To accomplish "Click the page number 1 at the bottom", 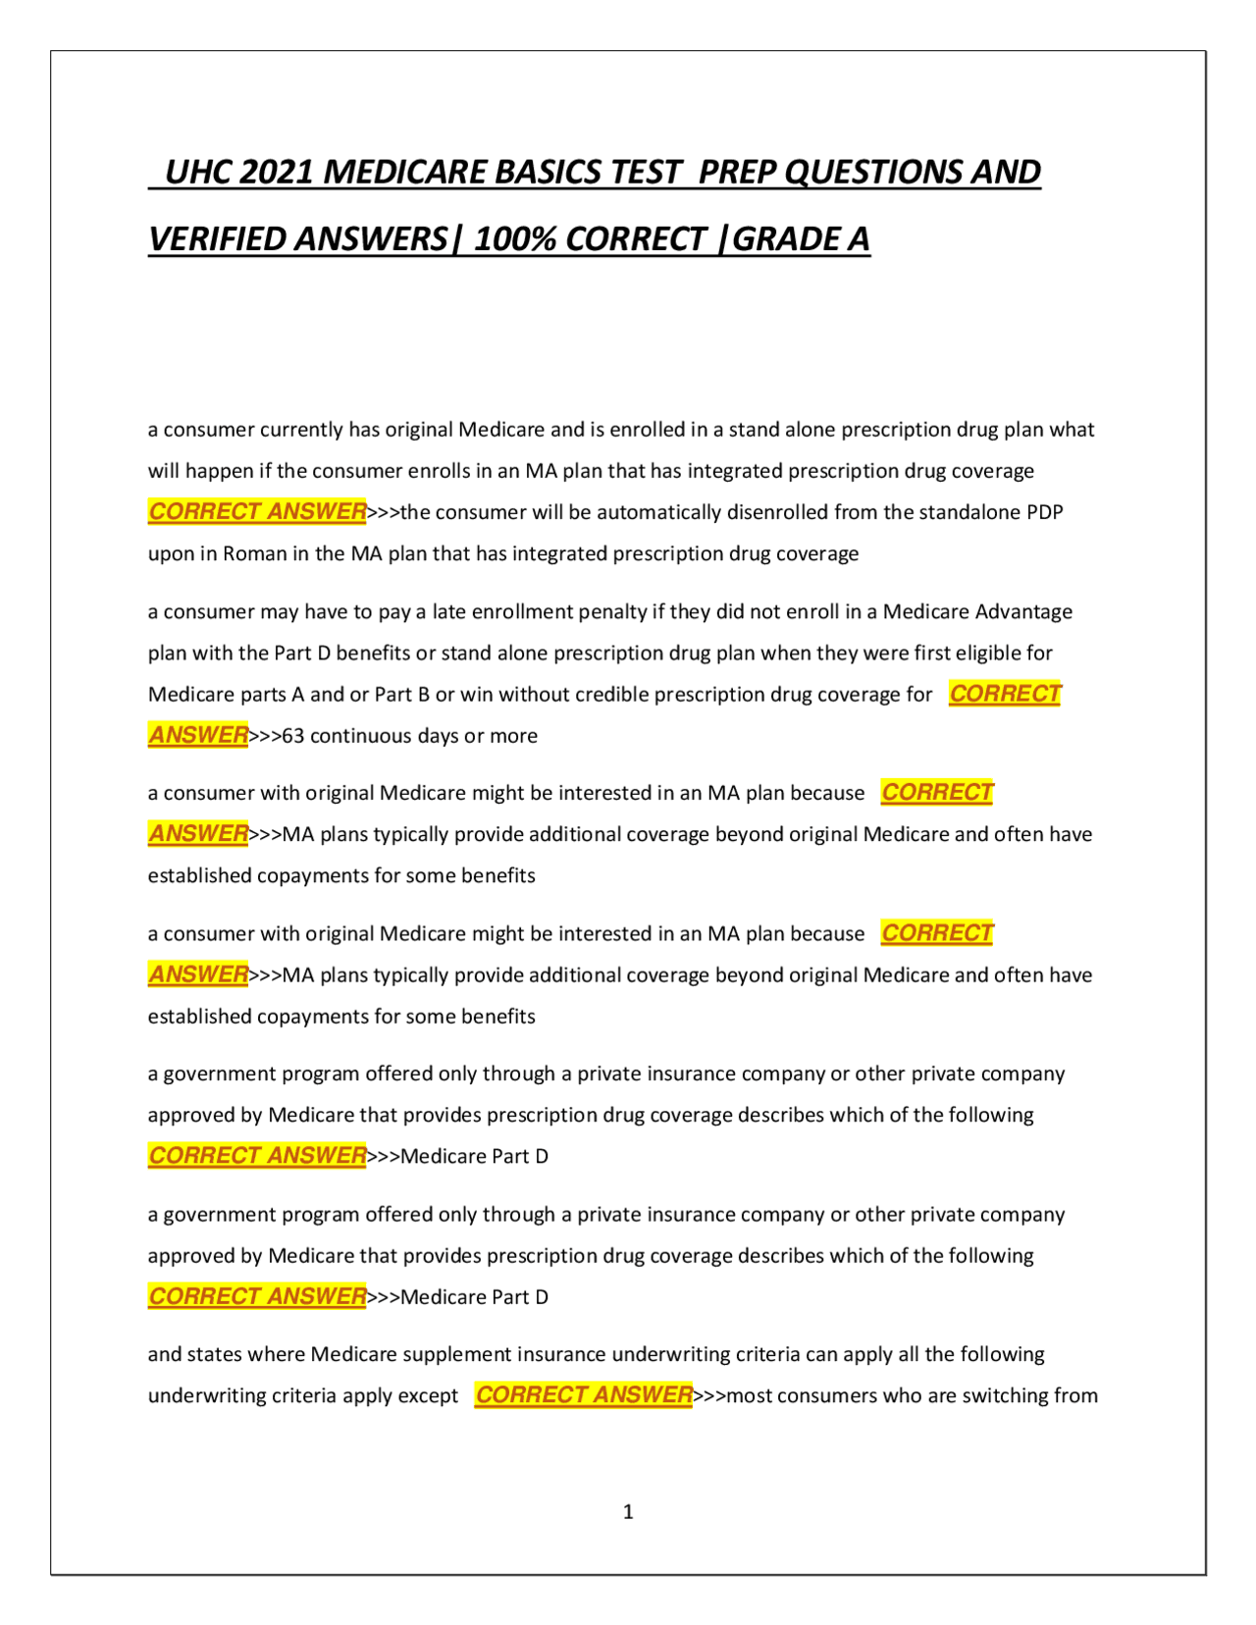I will [x=628, y=1512].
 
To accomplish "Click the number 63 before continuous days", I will [x=293, y=736].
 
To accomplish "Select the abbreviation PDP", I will [x=1045, y=512].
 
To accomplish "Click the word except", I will [x=430, y=1396].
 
